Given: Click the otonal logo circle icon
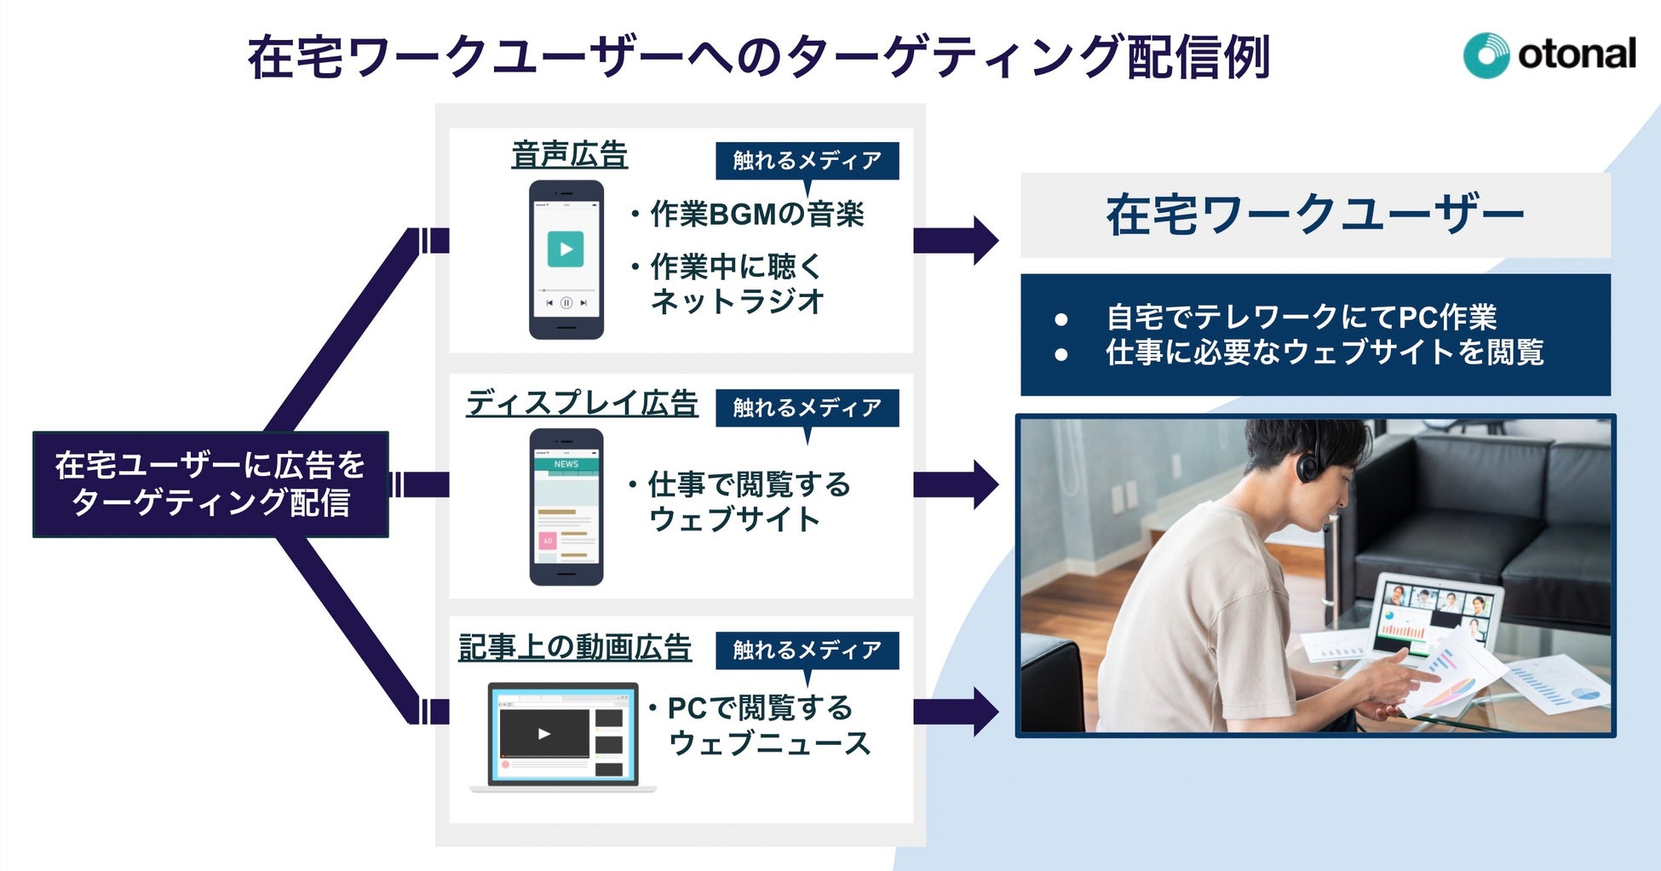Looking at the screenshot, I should point(1486,55).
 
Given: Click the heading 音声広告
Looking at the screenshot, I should point(569,155).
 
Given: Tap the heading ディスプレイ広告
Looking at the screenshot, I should point(582,403).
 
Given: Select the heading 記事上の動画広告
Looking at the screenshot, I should point(575,647).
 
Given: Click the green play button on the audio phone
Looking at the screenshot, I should point(566,249).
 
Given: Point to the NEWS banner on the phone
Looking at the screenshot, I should point(566,464).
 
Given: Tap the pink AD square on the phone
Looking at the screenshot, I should point(547,541).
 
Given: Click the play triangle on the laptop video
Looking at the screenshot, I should point(544,733).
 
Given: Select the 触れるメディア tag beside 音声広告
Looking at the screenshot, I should point(807,160).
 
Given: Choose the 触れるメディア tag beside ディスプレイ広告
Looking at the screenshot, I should point(807,408).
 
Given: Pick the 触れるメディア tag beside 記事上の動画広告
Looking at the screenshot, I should point(807,650).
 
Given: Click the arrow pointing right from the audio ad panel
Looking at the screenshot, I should point(955,241).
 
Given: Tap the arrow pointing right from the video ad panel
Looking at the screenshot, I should point(955,712).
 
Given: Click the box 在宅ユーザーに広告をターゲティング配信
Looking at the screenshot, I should point(210,484).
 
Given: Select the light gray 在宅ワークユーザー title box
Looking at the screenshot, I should point(1314,215).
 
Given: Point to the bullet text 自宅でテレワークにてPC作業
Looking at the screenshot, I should point(1301,318).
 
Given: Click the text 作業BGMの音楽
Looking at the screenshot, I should point(756,215).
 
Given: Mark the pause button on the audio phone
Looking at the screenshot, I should point(566,302).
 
